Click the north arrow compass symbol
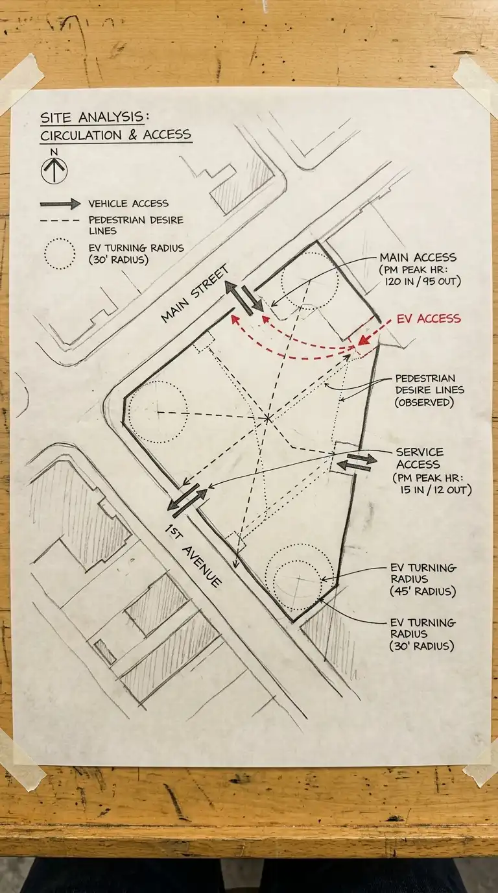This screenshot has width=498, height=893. [x=54, y=169]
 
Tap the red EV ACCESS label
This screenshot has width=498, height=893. [x=429, y=319]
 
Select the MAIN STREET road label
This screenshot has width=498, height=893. [x=196, y=293]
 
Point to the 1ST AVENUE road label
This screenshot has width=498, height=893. [x=193, y=556]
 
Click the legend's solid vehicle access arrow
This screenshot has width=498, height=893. [x=60, y=204]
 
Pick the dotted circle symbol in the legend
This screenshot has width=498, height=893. [x=60, y=254]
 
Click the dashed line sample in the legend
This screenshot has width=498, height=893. [x=60, y=221]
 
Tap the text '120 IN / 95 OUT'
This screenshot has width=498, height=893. [x=422, y=282]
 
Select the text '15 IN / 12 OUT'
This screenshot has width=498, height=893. [x=436, y=489]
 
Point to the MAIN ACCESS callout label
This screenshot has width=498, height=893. [x=418, y=257]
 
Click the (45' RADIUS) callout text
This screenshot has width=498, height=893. [x=423, y=591]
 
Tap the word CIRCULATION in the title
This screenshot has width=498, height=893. [x=81, y=135]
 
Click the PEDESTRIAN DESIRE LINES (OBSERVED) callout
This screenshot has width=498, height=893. [x=429, y=390]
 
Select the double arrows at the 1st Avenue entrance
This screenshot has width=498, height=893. [x=187, y=497]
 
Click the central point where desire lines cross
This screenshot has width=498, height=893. [x=267, y=418]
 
